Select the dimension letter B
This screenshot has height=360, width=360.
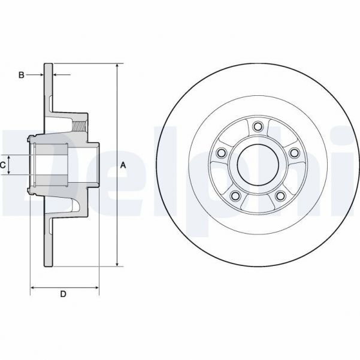[21, 75]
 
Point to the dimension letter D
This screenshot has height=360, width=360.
[63, 294]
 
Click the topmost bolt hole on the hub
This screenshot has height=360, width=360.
[258, 126]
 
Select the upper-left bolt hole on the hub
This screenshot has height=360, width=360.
[221, 153]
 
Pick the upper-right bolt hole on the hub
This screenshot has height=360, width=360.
[294, 153]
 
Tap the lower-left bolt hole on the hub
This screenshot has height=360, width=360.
[235, 196]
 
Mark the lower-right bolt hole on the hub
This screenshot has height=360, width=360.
[280, 196]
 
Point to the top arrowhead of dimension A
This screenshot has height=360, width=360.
[117, 65]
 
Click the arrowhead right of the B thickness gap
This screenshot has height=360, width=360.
[56, 75]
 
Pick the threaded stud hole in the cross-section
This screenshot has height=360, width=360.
[79, 126]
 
